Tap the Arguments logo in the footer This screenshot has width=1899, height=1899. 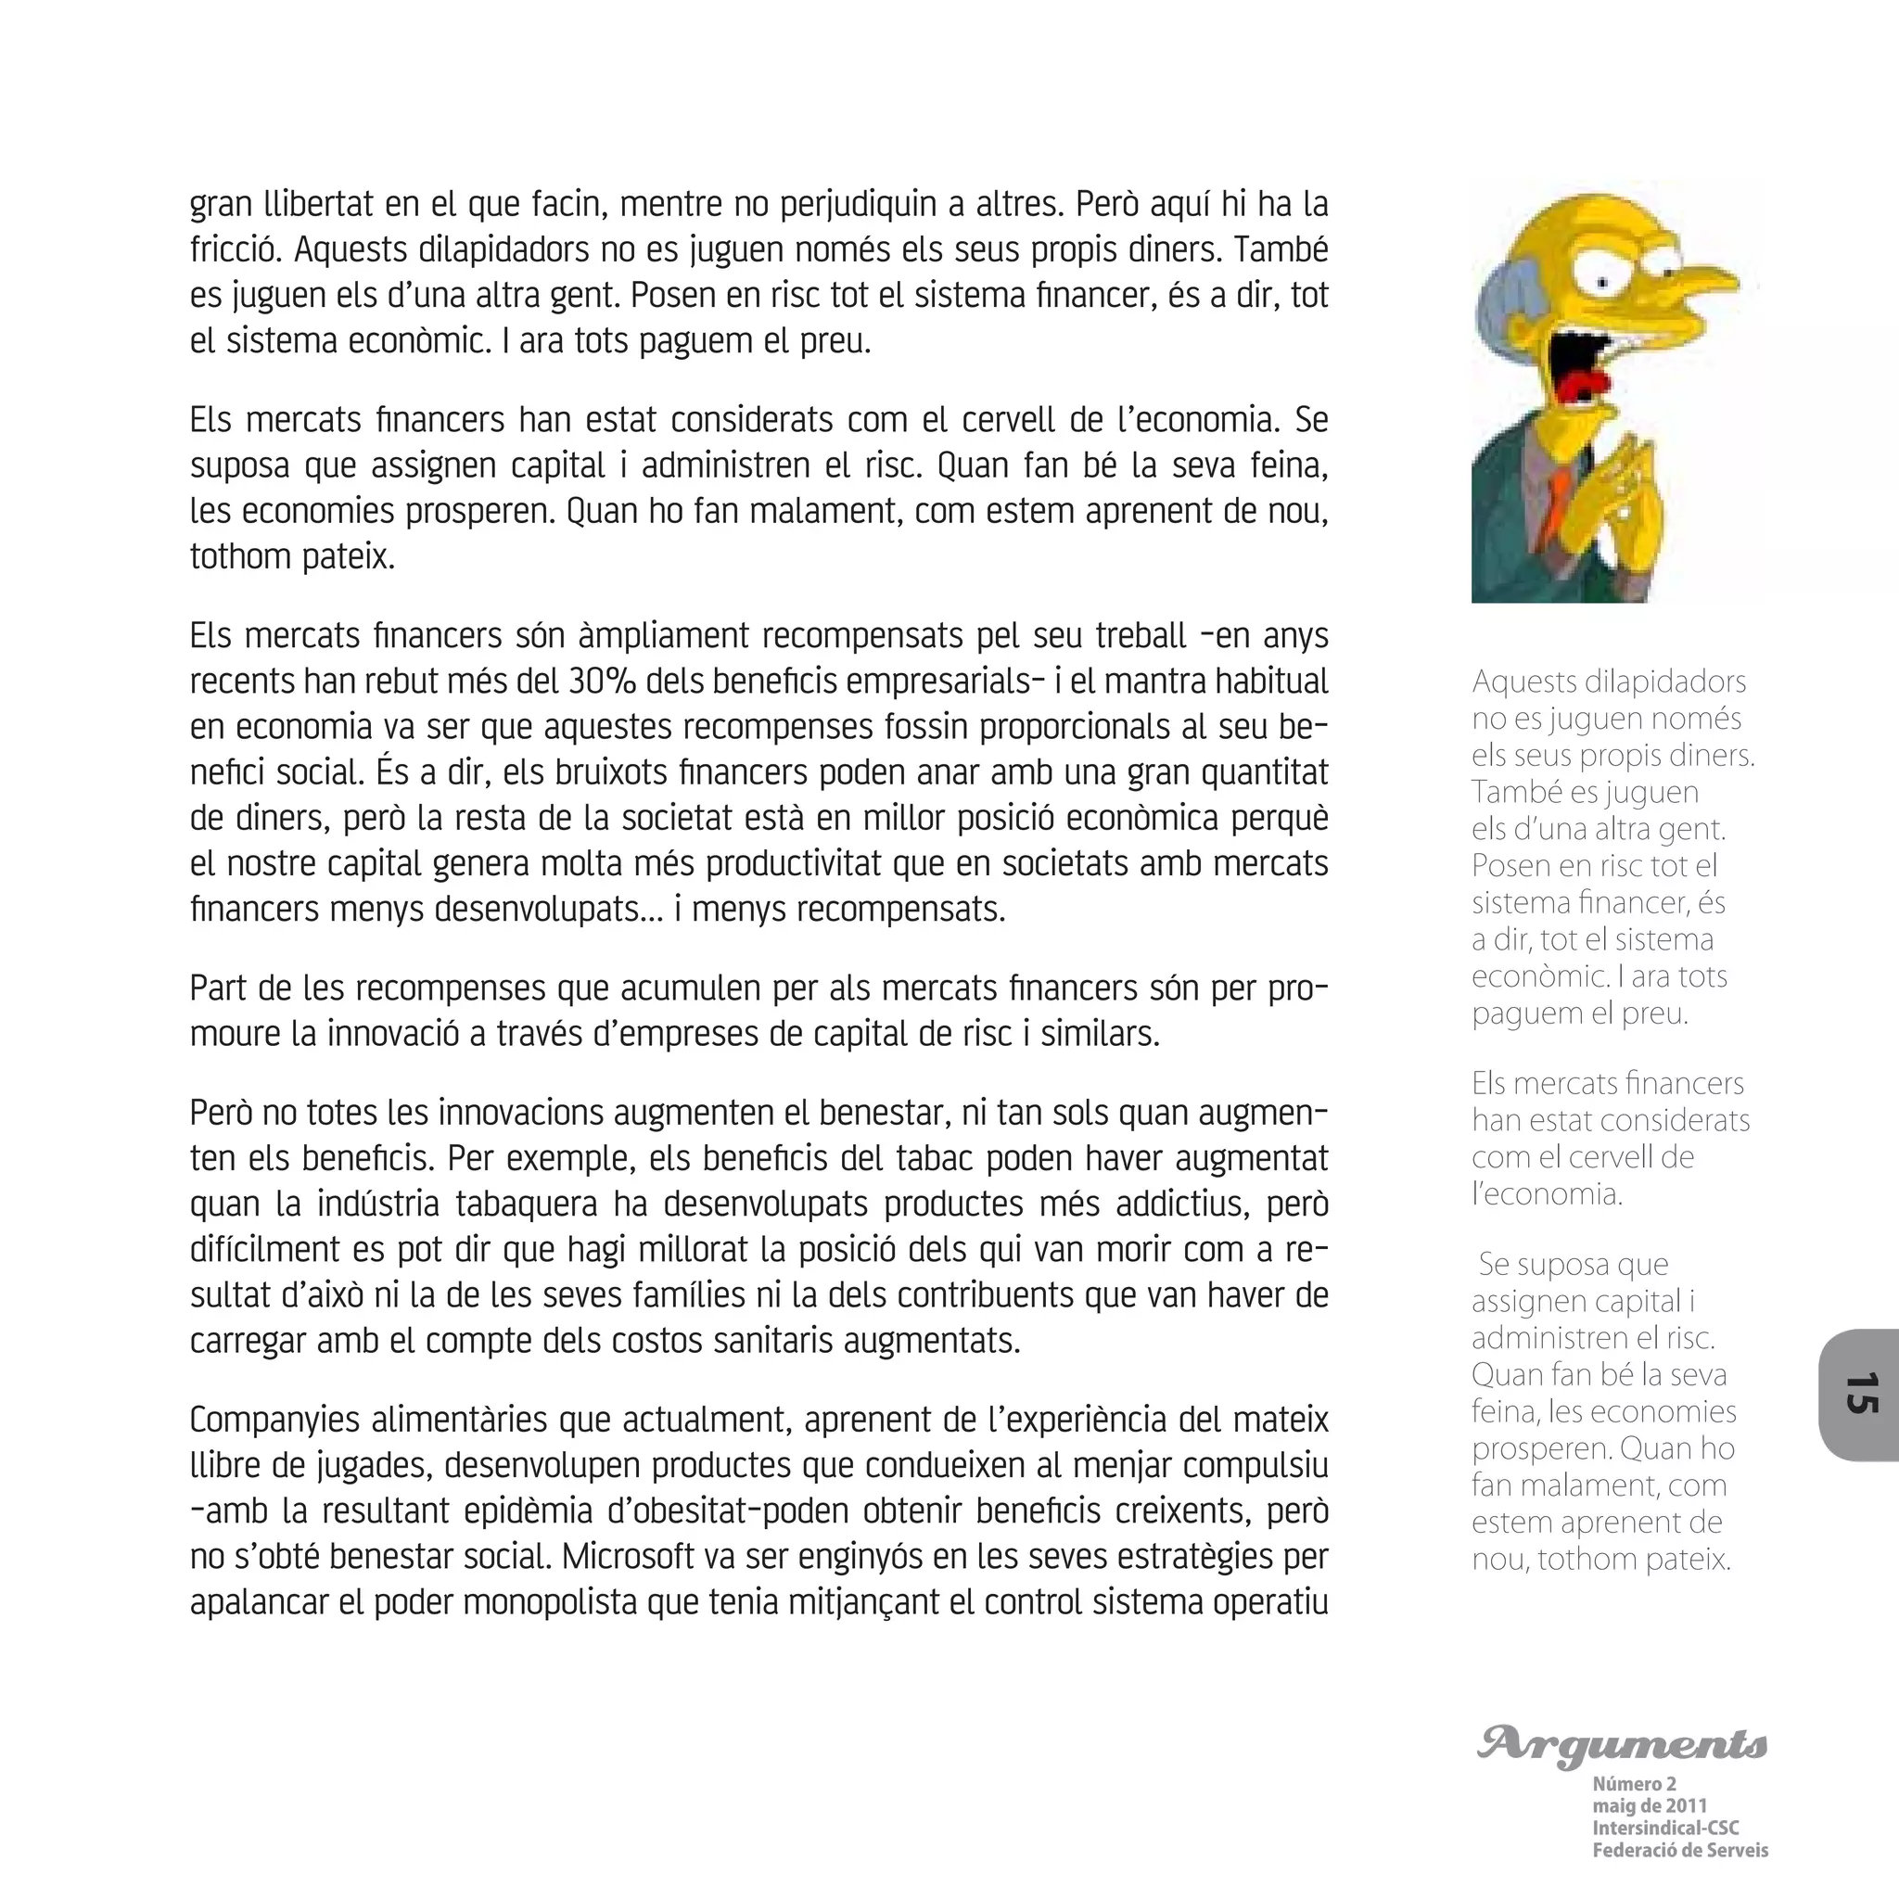[1622, 1745]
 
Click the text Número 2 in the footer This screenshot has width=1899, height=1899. [1634, 1783]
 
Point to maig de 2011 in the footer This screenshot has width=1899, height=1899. [1650, 1805]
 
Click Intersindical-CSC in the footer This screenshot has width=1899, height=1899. [1665, 1829]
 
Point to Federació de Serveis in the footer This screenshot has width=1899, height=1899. [1680, 1851]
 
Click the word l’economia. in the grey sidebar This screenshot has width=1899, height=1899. [1546, 1194]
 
